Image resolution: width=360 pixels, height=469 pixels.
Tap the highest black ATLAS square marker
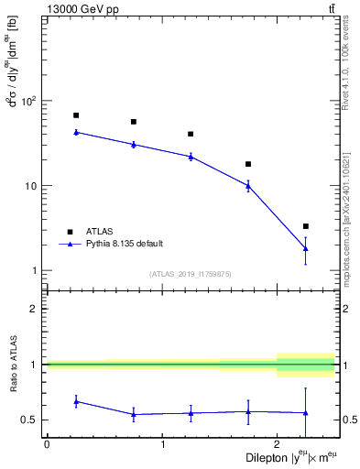coord(76,115)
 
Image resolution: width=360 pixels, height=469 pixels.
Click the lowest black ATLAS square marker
coord(306,226)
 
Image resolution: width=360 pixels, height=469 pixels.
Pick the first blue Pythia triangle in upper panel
coord(76,132)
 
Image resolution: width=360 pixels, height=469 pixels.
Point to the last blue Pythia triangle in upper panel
coord(306,248)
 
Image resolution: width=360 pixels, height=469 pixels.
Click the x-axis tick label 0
coord(47,444)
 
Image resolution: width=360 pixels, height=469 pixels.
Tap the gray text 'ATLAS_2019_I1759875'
coord(191,274)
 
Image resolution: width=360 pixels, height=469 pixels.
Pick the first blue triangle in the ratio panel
coord(76,401)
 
